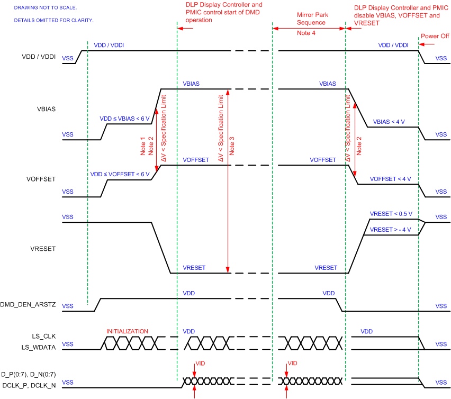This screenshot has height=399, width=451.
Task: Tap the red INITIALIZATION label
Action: (127, 331)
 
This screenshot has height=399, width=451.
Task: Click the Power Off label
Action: (434, 37)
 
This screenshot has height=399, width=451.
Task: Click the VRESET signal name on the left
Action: (44, 248)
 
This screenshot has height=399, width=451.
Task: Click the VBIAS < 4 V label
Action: (389, 122)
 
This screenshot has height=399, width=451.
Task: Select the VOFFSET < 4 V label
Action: (390, 179)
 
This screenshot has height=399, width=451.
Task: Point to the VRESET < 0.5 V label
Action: (391, 214)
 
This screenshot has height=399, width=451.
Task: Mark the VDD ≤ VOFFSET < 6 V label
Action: (121, 174)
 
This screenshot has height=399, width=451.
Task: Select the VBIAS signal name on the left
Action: (47, 109)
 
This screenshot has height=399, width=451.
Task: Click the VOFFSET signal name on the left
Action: (41, 179)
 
